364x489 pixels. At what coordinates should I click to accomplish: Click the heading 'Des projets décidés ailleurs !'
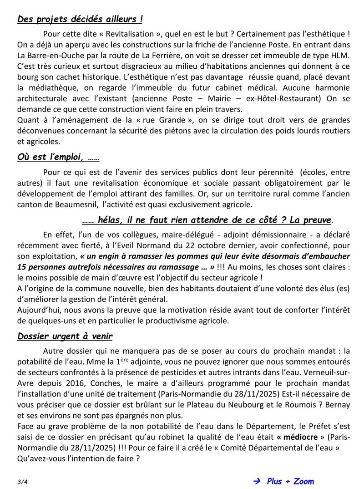[x=80, y=19]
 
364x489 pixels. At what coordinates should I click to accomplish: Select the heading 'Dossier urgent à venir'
[x=65, y=336]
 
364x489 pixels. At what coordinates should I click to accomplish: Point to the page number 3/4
[x=22, y=481]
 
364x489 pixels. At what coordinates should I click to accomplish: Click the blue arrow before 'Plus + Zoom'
[x=257, y=481]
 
